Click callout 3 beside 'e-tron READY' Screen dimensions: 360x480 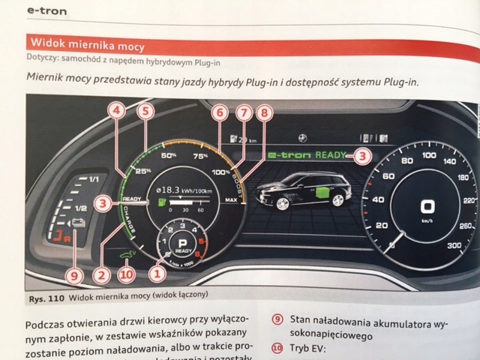tap(363, 156)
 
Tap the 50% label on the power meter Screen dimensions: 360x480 tap(169, 156)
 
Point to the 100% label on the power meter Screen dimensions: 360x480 tap(220, 172)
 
